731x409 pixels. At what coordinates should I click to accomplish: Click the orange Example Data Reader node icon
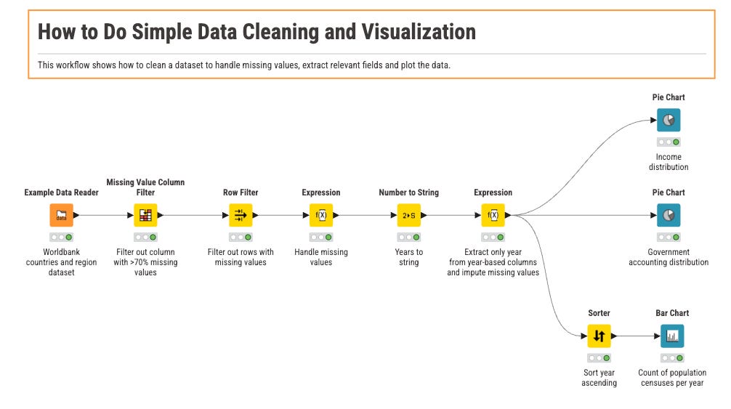click(61, 215)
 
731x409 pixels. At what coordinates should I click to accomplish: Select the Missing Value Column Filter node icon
click(145, 215)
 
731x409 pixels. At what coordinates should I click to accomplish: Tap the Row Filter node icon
click(240, 215)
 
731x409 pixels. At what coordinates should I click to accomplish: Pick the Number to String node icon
click(408, 215)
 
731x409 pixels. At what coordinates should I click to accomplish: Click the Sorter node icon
click(599, 336)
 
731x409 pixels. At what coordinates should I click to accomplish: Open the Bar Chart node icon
click(672, 336)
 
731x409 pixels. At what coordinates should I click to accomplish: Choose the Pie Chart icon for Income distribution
click(669, 120)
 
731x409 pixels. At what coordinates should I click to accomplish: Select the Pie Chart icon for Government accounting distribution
click(669, 215)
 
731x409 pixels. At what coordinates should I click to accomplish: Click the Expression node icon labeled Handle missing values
click(321, 215)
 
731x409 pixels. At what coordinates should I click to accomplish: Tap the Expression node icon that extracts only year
click(493, 215)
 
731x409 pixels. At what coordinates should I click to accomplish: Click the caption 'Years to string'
click(408, 257)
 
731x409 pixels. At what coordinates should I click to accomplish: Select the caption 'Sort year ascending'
click(599, 378)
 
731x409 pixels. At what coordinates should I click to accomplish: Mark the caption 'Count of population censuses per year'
click(672, 378)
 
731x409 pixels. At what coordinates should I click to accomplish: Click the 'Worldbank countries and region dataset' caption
click(61, 262)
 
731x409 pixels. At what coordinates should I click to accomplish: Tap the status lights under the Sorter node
click(599, 358)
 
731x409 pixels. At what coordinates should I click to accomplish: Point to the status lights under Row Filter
click(240, 238)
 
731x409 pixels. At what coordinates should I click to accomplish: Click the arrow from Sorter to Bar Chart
click(635, 336)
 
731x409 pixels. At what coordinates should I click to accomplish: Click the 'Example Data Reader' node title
click(61, 193)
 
